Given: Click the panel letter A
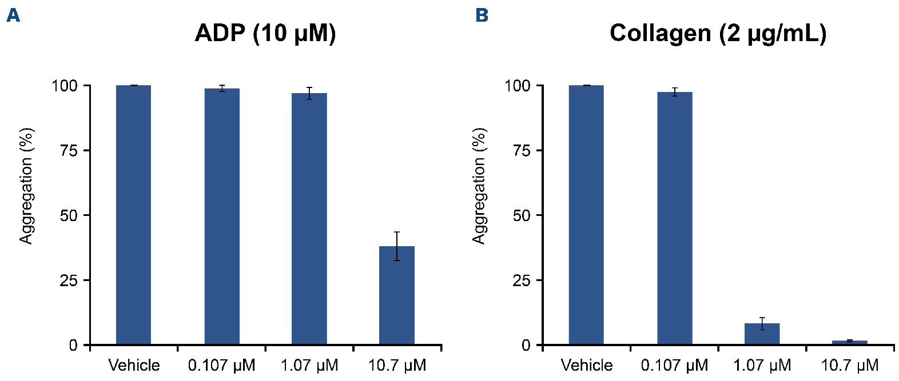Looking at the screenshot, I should [x=13, y=15].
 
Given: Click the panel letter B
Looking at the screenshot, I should [x=482, y=15].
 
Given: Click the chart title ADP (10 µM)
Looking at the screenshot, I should [x=265, y=33].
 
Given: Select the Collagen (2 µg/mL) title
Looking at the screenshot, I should [x=718, y=33].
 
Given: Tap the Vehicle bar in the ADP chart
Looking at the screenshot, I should [x=133, y=215].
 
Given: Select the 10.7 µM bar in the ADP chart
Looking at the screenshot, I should [x=397, y=295].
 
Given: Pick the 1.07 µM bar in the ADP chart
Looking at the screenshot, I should [x=309, y=219].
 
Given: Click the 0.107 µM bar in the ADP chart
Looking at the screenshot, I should [x=222, y=216].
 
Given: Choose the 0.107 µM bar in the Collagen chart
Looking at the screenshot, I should [x=675, y=218].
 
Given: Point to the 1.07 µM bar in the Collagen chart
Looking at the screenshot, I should [x=762, y=334].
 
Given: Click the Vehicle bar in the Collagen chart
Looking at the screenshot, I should [x=586, y=215].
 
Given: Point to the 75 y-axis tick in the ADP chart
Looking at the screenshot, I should [x=69, y=151].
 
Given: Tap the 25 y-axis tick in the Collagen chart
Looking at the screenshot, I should [x=522, y=280].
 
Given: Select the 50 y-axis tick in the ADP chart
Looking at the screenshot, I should [x=69, y=215].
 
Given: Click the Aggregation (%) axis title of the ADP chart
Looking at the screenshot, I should [x=26, y=186].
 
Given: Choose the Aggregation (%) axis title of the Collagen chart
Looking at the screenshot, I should [x=479, y=186].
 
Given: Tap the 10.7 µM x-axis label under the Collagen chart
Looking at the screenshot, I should [x=850, y=365].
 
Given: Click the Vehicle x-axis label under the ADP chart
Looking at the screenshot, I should [x=134, y=365].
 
